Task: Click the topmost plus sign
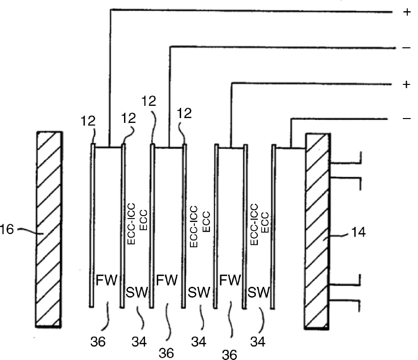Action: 407,13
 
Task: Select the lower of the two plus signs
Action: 407,84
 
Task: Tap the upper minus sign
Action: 407,49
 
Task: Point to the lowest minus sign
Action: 407,119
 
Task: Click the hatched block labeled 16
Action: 49,229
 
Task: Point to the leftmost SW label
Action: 137,293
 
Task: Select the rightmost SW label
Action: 259,293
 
